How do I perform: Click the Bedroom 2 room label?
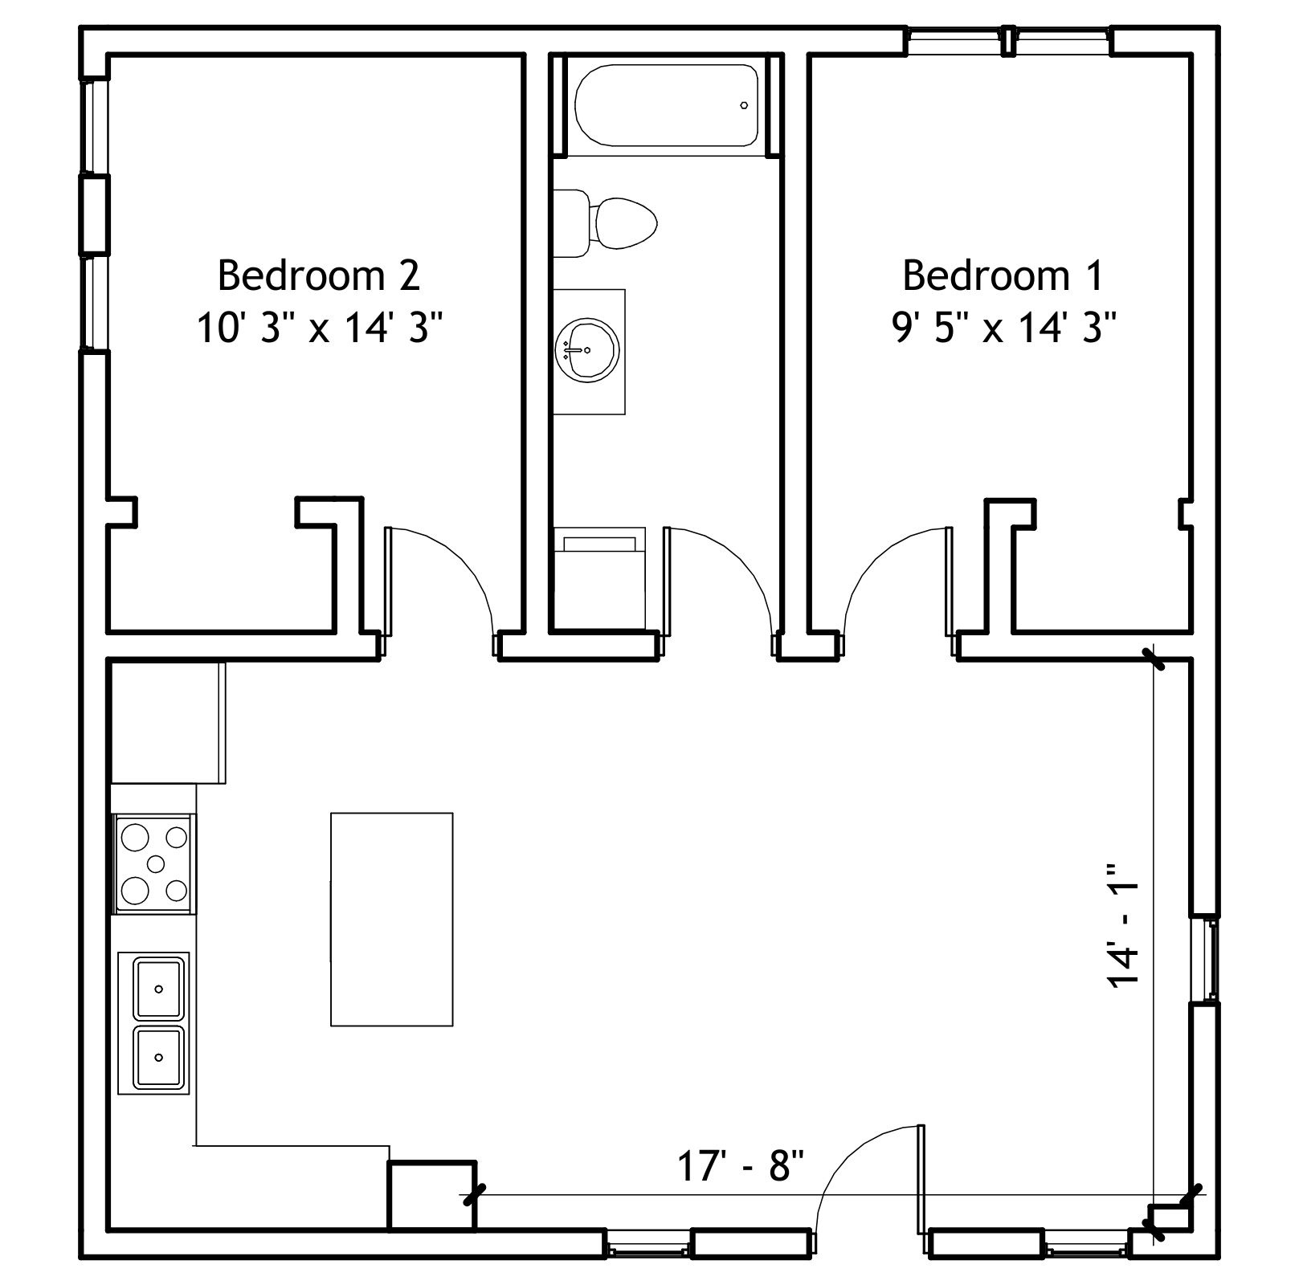pos(319,275)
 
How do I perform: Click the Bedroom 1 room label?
pos(1003,275)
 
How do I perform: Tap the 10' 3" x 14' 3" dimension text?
pos(320,328)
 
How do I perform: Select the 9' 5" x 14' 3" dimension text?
pos(1004,328)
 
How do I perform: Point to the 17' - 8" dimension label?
pos(741,1167)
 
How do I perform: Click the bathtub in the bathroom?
pos(666,105)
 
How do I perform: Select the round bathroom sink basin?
pos(586,349)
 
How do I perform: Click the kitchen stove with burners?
pos(155,863)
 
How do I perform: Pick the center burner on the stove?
pos(156,863)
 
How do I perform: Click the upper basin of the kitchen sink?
pos(159,987)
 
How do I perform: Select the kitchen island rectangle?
pos(391,919)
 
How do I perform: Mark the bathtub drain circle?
pos(744,105)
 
